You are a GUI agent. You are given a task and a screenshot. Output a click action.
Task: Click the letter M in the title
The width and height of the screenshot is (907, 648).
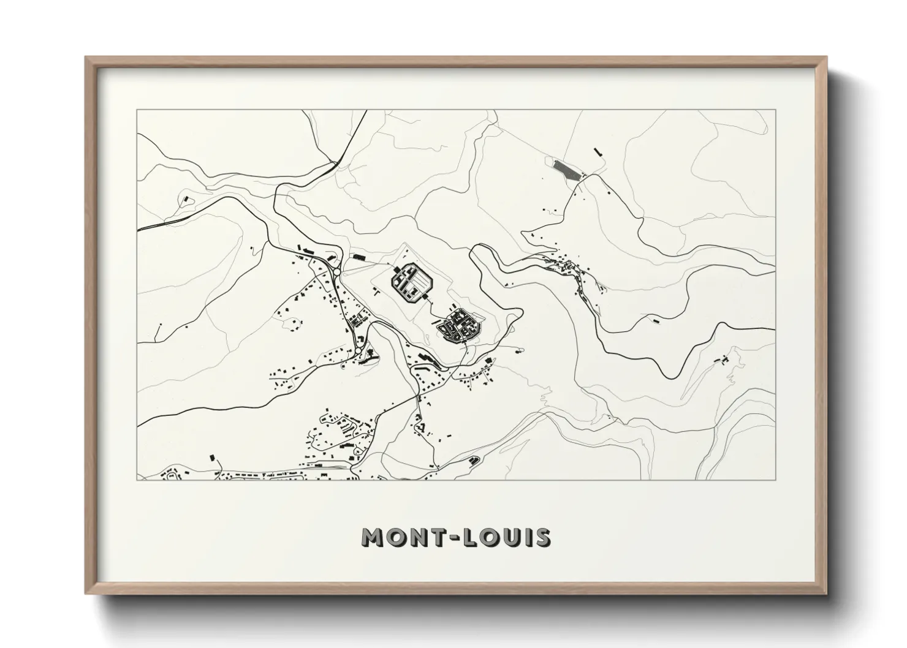(x=374, y=537)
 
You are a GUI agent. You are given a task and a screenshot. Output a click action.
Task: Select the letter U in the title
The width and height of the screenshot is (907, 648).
(x=512, y=537)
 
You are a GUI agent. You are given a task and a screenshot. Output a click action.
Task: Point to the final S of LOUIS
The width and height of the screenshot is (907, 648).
(x=542, y=537)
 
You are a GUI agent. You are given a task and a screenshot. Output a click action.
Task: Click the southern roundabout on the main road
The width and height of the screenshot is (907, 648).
(x=359, y=352)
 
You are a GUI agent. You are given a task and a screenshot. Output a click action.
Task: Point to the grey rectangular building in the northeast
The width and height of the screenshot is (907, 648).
(x=566, y=168)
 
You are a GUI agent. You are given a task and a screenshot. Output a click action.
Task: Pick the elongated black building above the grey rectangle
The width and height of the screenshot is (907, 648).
(x=597, y=150)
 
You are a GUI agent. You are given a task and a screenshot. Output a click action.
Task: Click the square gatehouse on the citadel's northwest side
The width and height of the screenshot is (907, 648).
(x=397, y=268)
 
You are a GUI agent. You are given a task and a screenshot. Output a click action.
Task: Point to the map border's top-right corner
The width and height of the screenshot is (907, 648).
(x=775, y=110)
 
